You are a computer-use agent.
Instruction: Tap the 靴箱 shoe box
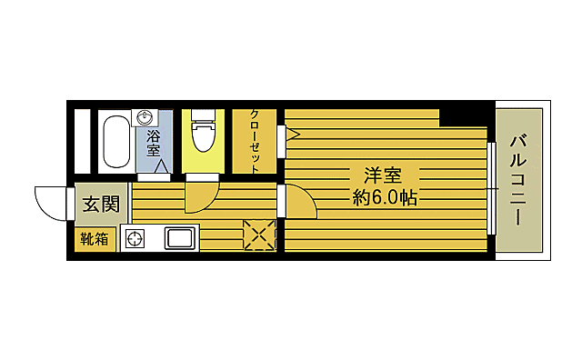coord(94,239)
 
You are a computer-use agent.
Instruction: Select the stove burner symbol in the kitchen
coord(135,240)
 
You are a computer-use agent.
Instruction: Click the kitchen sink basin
coord(179,239)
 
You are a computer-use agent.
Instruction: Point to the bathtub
coord(115,141)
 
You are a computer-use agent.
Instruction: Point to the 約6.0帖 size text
coord(385,197)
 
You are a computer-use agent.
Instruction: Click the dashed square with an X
coord(259,235)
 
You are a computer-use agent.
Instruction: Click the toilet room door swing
coord(200,196)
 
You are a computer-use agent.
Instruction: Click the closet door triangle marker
coord(293,134)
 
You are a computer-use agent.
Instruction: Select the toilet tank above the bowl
coord(204,116)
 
